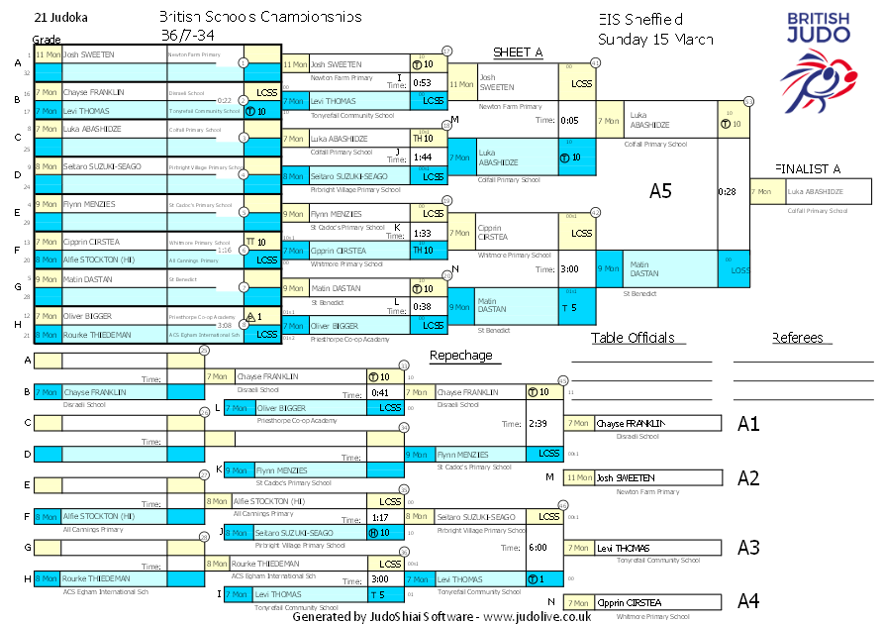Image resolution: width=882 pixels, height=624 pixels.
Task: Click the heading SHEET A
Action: (517, 52)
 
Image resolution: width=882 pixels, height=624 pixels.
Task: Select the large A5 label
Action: (660, 191)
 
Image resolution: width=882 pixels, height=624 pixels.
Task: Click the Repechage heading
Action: (460, 355)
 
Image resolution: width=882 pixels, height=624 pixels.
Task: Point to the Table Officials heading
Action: (633, 338)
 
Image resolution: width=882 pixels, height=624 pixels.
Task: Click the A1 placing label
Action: (748, 424)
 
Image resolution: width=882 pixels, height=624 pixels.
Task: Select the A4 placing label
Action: (748, 601)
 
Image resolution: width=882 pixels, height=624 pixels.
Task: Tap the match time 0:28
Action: (727, 191)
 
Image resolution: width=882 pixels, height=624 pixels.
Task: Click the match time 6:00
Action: (538, 547)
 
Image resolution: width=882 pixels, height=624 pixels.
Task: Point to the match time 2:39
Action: (538, 423)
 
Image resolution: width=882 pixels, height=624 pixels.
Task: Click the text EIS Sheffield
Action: (640, 20)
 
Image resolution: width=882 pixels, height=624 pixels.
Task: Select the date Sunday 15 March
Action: (654, 39)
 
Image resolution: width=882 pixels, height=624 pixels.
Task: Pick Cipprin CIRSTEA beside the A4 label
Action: (629, 602)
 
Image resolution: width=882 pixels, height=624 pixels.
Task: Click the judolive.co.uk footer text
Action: (538, 616)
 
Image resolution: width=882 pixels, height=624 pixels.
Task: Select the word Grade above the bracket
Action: (47, 39)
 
